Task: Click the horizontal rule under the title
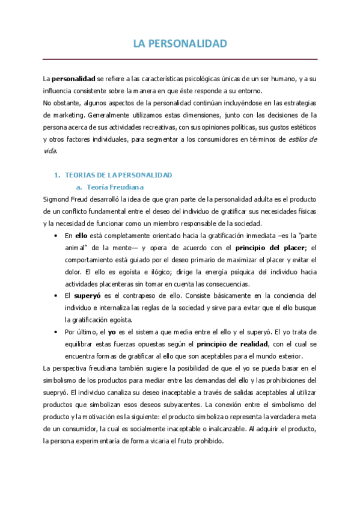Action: point(180,59)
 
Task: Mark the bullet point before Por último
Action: point(55,332)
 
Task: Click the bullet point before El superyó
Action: point(55,296)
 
